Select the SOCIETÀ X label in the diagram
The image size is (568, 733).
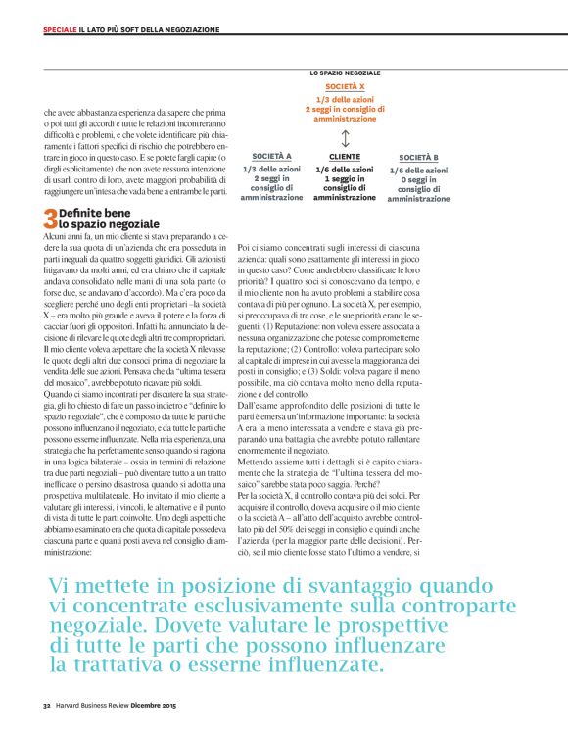coord(344,87)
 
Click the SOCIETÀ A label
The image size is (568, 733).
coord(271,156)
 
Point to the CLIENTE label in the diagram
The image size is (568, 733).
coord(345,156)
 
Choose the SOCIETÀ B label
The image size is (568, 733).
coord(418,157)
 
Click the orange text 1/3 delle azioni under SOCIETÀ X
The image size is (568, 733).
coord(344,99)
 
